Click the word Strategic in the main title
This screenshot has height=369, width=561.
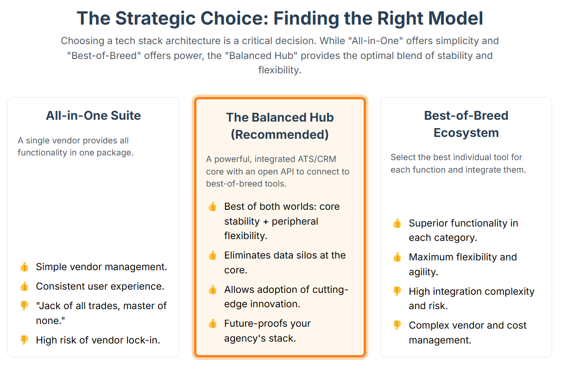[x=155, y=19]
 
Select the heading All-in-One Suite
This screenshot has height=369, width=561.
[x=94, y=116]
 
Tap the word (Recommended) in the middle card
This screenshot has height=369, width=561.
[x=280, y=135]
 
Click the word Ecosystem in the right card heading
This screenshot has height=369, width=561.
[x=466, y=133]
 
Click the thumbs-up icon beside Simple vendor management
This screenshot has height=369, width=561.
[x=24, y=267]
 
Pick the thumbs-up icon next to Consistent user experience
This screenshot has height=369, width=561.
[x=24, y=286]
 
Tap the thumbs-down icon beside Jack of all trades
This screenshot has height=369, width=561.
[x=24, y=306]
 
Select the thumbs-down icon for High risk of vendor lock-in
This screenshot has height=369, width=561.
[x=24, y=340]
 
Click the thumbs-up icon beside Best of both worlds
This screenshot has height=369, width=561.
[x=213, y=207]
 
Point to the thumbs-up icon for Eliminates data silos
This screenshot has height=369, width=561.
[x=213, y=255]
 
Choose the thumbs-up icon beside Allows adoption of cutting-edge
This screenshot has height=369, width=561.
[x=213, y=290]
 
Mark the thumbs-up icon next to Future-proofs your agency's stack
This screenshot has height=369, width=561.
[x=213, y=324]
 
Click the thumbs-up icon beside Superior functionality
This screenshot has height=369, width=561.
[x=397, y=223]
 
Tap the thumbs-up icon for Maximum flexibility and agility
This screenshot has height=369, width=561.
[x=397, y=258]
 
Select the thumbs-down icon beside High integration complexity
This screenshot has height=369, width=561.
[x=397, y=291]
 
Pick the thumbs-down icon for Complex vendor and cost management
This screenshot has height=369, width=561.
[x=397, y=325]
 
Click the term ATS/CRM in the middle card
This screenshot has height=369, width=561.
[x=317, y=159]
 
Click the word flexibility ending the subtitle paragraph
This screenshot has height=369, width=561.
[x=280, y=70]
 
